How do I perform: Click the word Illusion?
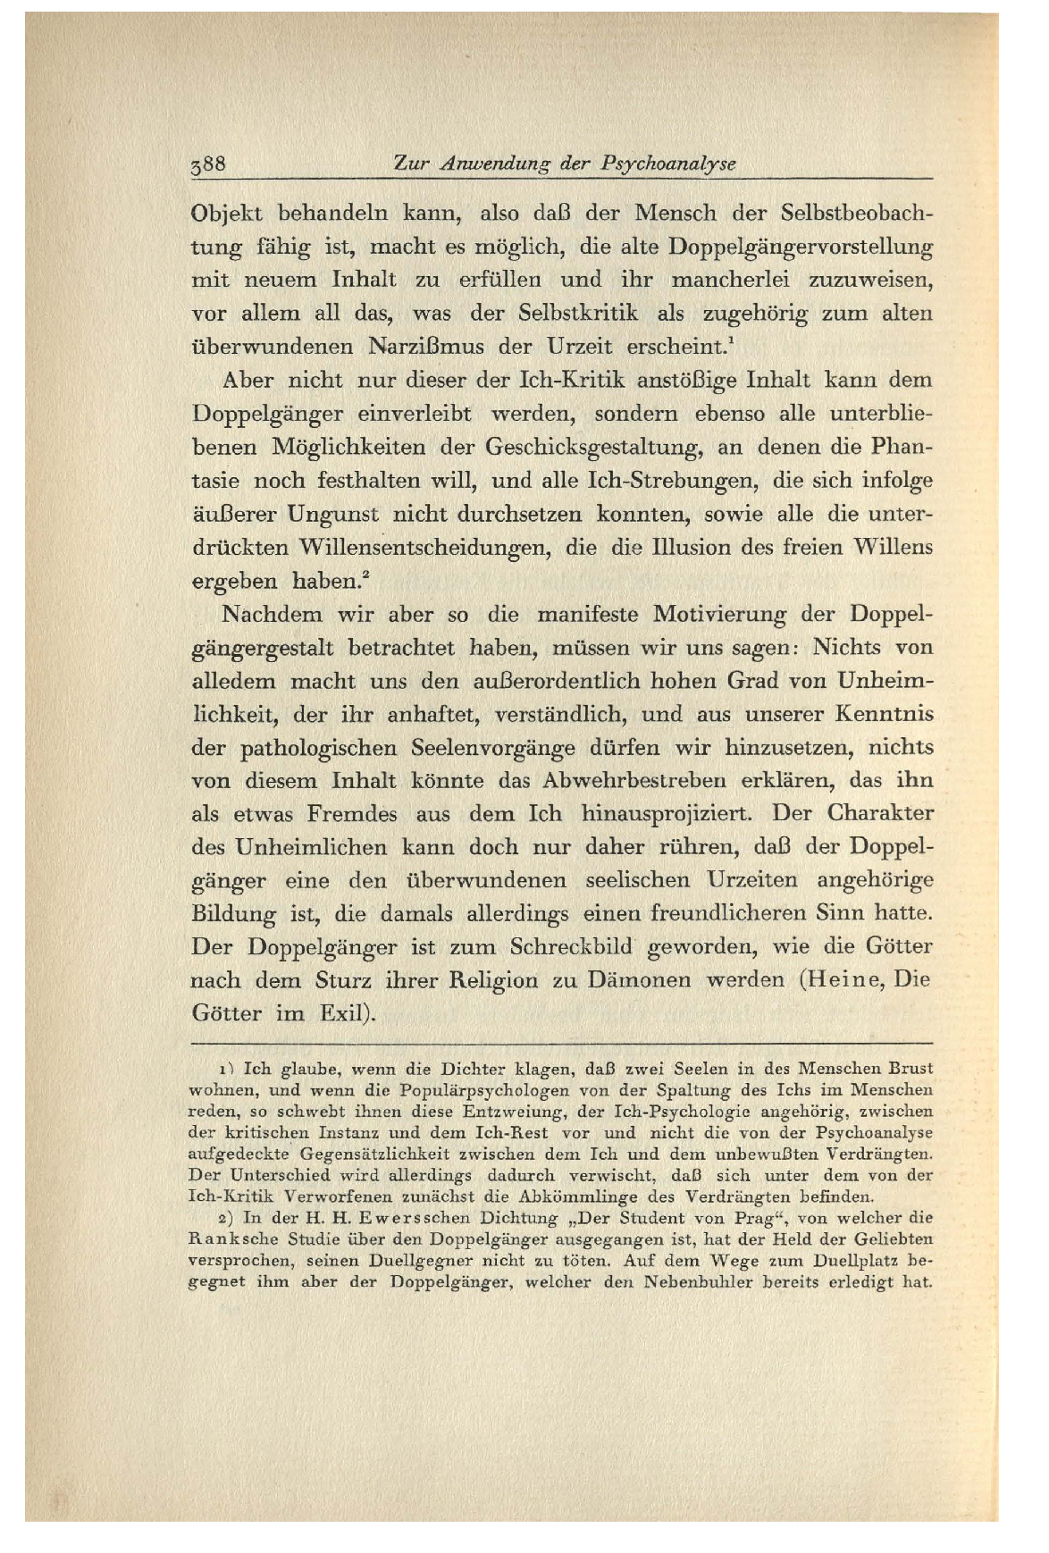(x=687, y=547)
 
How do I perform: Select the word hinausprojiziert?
(x=668, y=813)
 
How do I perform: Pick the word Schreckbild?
(x=571, y=946)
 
